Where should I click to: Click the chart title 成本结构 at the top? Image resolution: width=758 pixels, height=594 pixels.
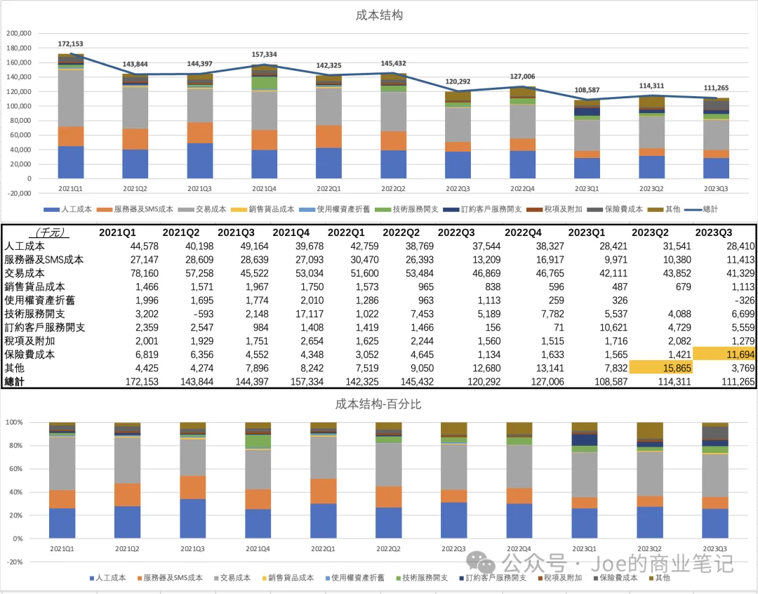379,15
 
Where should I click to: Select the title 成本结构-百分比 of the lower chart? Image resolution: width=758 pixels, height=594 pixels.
379,404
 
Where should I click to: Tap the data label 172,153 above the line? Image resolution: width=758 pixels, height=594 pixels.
70,44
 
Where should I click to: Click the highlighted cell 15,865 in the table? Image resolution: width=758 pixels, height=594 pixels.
660,367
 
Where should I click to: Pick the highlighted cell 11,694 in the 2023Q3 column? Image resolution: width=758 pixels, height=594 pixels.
724,355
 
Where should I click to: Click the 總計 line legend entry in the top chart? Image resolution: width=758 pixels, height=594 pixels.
702,209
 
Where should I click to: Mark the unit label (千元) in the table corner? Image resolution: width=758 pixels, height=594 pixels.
45,232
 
